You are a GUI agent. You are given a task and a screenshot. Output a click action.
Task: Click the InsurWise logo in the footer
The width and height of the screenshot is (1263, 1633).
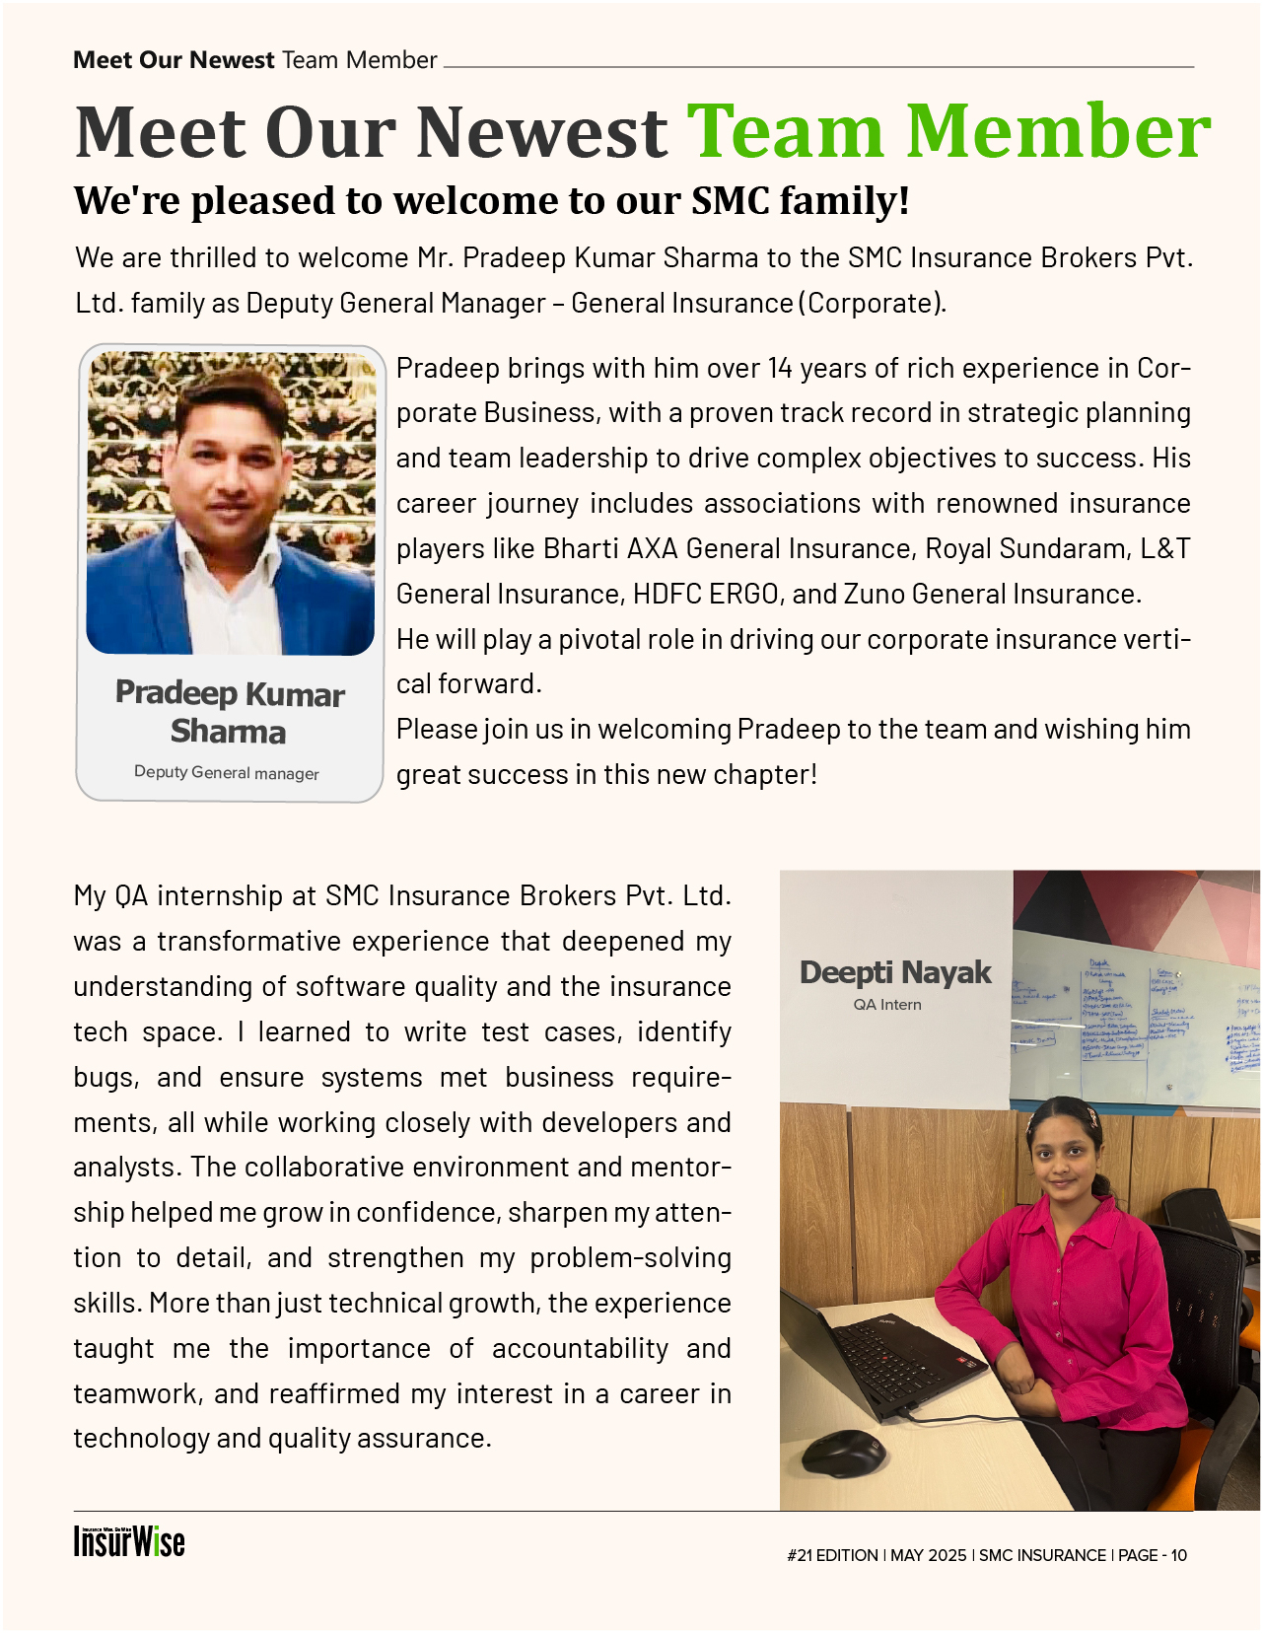point(129,1541)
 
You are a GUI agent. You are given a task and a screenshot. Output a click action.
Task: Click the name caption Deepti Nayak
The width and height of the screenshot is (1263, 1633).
point(895,972)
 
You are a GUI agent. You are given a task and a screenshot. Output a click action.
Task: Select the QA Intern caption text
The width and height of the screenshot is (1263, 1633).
point(887,1005)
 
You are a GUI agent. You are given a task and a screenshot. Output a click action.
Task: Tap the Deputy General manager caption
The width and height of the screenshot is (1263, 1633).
point(227,773)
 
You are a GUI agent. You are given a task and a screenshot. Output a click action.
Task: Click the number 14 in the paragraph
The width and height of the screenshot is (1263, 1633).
point(780,369)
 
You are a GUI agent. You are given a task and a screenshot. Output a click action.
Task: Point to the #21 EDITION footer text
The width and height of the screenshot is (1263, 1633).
point(832,1555)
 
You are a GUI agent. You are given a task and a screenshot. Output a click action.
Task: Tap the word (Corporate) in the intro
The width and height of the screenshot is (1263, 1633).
point(870,303)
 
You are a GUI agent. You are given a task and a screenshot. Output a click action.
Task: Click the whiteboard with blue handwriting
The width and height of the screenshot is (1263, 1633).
point(1134,1016)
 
